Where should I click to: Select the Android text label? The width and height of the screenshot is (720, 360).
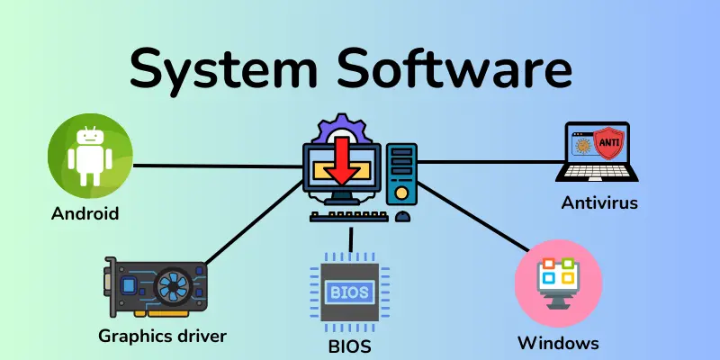click(85, 214)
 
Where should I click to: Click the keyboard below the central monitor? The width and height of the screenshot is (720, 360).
click(347, 216)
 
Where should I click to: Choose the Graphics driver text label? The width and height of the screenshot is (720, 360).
click(162, 337)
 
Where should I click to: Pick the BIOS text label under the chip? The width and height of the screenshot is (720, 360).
click(350, 345)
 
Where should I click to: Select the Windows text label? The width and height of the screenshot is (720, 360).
click(558, 343)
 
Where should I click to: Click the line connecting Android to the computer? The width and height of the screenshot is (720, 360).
click(216, 166)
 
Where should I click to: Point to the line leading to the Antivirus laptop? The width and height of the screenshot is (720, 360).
click(486, 162)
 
